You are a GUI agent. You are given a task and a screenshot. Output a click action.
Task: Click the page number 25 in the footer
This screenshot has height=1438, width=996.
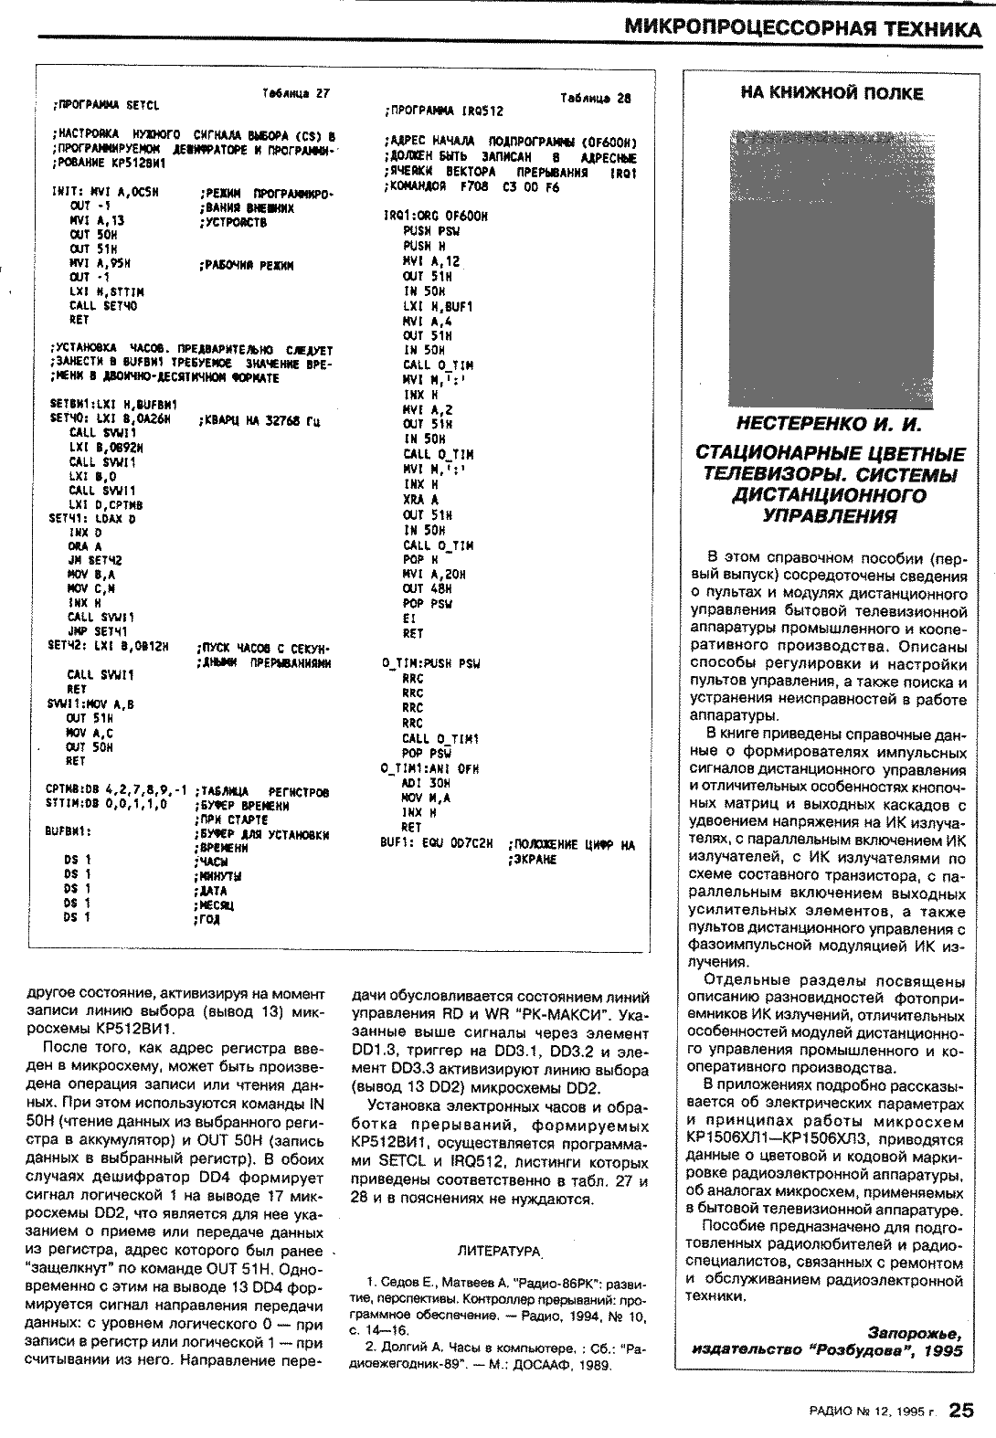pyautogui.click(x=962, y=1411)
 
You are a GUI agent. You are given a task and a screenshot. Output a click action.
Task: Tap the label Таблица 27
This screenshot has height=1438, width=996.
pyautogui.click(x=295, y=93)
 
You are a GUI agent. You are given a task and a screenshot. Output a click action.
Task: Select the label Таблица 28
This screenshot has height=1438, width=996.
pyautogui.click(x=595, y=98)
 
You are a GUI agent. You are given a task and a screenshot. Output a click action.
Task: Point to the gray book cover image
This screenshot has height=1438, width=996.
pyautogui.click(x=831, y=270)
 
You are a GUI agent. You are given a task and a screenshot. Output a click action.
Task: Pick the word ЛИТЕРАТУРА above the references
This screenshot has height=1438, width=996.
pyautogui.click(x=498, y=1248)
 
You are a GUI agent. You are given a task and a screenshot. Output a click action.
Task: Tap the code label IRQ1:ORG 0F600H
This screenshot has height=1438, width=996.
pyautogui.click(x=436, y=217)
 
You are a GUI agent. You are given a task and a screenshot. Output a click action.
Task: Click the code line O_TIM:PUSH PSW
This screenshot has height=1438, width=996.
pyautogui.click(x=430, y=663)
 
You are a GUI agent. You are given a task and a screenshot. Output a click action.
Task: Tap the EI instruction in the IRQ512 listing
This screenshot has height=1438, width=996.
pyautogui.click(x=408, y=618)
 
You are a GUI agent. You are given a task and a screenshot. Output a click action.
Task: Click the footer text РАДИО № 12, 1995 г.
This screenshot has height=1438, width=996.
pyautogui.click(x=872, y=1412)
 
